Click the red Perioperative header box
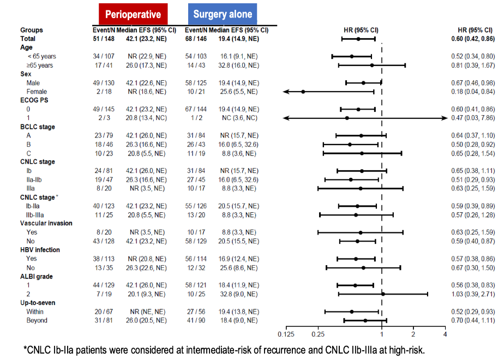tap(133, 14)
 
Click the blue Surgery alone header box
tap(222, 14)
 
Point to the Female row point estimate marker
tap(303, 92)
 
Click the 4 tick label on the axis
tap(445, 334)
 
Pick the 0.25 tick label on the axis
tap(317, 334)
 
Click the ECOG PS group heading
tap(34, 100)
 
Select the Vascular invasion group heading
tap(46, 223)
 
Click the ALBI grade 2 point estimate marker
tap(383, 294)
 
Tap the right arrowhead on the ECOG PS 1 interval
tap(445, 118)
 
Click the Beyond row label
tap(37, 320)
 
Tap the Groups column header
tap(31, 30)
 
